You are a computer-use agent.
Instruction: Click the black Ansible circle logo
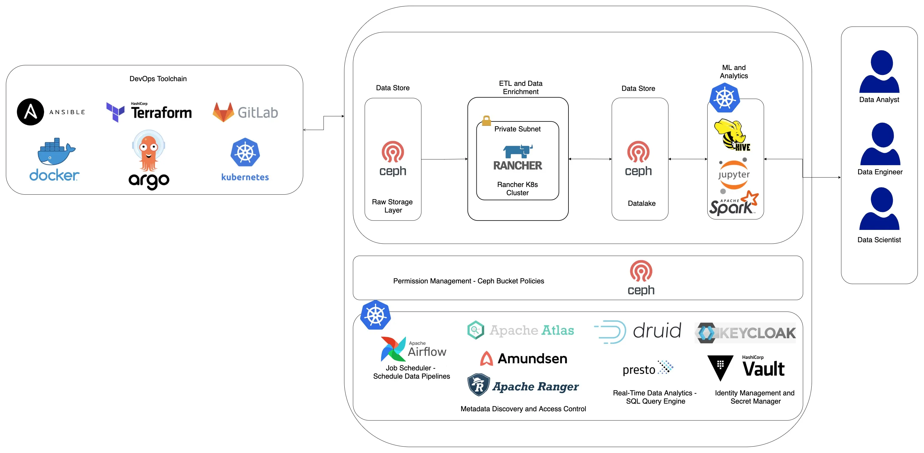[31, 112]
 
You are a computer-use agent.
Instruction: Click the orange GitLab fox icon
[223, 112]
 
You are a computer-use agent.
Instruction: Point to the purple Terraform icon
[115, 112]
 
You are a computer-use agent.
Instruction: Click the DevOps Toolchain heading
[158, 78]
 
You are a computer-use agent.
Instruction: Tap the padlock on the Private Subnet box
[486, 121]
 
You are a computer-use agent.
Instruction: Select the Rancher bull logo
[518, 151]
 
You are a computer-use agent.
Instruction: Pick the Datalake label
[642, 203]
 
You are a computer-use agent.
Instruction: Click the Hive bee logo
[732, 135]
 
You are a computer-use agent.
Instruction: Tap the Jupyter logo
[733, 175]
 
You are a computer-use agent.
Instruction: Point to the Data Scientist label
[879, 240]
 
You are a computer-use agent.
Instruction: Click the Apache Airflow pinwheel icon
[393, 349]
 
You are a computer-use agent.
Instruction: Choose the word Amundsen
[532, 359]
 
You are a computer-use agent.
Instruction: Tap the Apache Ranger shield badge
[478, 385]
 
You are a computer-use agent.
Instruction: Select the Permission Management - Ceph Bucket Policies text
[468, 281]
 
